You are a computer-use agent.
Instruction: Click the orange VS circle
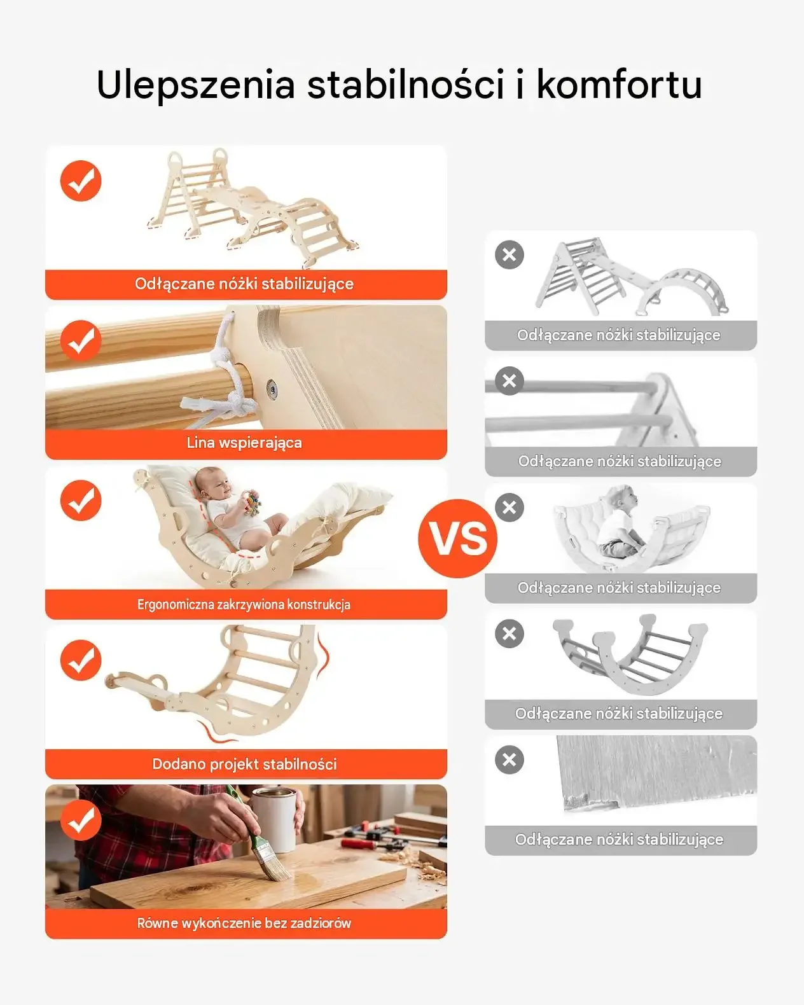(x=457, y=539)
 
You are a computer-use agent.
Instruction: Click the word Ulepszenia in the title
(x=195, y=85)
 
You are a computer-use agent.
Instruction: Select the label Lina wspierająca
(x=244, y=443)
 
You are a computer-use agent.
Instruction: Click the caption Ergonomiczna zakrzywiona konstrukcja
(x=244, y=604)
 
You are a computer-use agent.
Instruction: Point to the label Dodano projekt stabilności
(x=244, y=764)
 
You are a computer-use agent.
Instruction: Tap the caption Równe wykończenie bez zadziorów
(x=244, y=924)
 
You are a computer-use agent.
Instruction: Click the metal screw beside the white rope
(x=271, y=386)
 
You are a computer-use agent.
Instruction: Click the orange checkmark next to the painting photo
(x=81, y=820)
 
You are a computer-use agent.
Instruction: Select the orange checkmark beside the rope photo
(x=81, y=340)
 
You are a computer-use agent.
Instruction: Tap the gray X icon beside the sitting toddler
(x=509, y=507)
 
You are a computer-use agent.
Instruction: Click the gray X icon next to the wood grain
(x=509, y=760)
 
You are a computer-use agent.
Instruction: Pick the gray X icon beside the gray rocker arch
(x=509, y=634)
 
